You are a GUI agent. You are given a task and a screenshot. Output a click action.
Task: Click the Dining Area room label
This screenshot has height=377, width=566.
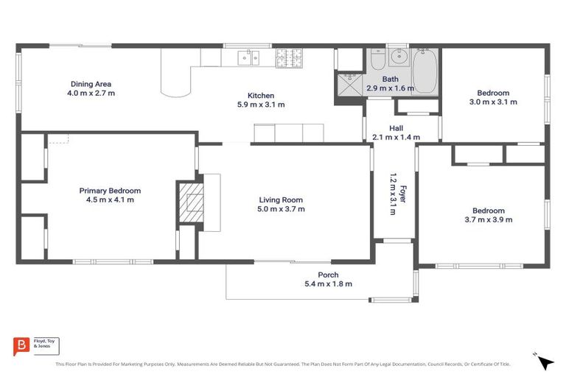pyautogui.click(x=91, y=83)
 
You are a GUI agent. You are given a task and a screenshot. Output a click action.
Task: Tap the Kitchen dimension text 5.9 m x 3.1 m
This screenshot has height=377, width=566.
pyautogui.click(x=261, y=105)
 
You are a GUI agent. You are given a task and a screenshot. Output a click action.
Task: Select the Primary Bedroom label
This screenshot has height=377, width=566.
pyautogui.click(x=110, y=191)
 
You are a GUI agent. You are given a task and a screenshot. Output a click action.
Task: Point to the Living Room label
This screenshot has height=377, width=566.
pyautogui.click(x=281, y=200)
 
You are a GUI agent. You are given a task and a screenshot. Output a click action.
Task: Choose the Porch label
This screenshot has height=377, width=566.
pyautogui.click(x=328, y=275)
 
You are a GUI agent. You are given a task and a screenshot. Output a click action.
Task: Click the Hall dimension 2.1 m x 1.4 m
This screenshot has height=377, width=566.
pyautogui.click(x=396, y=137)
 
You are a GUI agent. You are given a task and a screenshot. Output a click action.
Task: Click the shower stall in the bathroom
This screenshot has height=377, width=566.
pyautogui.click(x=349, y=85)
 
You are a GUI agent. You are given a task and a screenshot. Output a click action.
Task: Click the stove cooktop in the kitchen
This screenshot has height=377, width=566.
pyautogui.click(x=290, y=57)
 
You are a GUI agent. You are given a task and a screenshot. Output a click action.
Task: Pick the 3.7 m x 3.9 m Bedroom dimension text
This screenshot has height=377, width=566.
pyautogui.click(x=488, y=219)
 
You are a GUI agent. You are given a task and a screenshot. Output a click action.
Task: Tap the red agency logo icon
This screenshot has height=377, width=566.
pyautogui.click(x=22, y=345)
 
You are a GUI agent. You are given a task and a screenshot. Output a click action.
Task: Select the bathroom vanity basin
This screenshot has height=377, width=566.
pyautogui.click(x=399, y=57)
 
